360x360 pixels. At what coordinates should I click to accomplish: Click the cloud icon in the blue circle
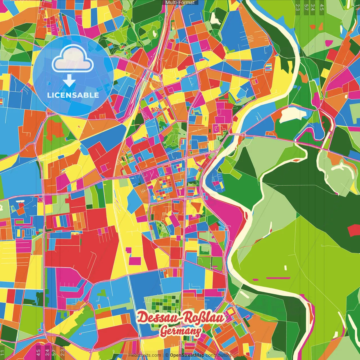[73, 60]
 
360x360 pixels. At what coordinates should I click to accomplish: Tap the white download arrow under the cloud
[69, 81]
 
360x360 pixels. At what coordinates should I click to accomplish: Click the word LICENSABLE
[73, 95]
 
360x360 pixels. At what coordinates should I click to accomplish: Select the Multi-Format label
[180, 3]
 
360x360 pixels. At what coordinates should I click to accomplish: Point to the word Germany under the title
[181, 331]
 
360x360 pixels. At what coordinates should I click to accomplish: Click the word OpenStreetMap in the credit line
[187, 355]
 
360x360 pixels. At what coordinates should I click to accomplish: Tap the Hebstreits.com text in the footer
[145, 355]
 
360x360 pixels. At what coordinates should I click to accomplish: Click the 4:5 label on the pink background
[39, 352]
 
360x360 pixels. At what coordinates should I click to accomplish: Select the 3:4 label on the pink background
[47, 352]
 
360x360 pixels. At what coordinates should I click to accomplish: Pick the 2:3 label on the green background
[297, 7]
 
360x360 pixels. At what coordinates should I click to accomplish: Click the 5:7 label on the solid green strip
[306, 7]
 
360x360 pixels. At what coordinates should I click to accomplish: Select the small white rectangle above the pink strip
[285, 267]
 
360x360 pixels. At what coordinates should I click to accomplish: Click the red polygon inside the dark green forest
[353, 230]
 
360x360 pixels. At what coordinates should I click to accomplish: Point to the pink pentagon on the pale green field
[329, 43]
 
